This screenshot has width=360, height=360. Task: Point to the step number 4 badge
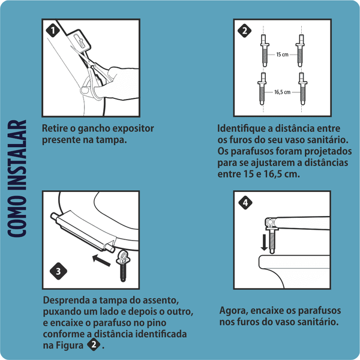245,203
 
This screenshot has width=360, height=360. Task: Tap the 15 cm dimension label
282,54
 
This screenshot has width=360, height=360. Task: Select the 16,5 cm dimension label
282,92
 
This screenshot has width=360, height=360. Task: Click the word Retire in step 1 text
55,128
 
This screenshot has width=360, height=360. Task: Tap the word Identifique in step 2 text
242,128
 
